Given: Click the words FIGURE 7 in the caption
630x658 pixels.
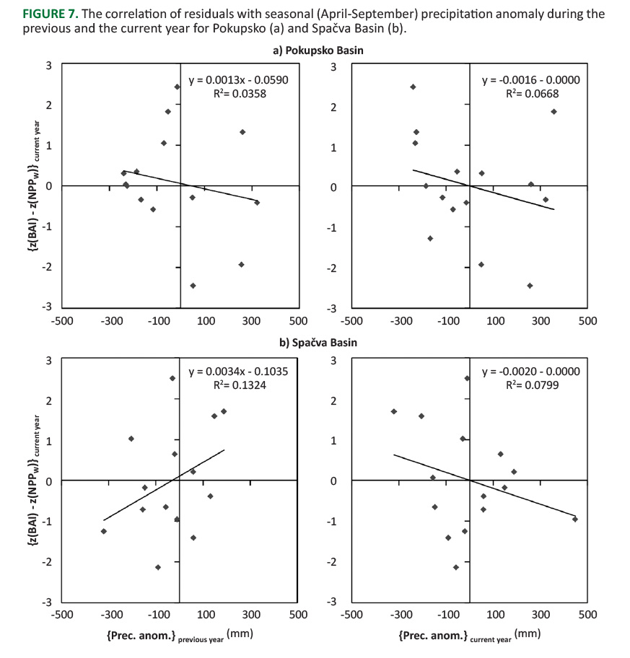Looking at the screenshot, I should [36, 14].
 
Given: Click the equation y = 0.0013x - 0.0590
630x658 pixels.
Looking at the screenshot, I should [238, 79].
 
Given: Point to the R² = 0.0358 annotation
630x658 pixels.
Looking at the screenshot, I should [238, 93].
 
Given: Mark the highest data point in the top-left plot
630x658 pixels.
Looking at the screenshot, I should [177, 87].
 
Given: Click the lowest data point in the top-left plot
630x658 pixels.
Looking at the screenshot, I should [193, 286].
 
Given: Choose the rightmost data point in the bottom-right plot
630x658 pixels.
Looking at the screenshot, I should [575, 519].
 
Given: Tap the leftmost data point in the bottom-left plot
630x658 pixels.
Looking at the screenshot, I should [104, 531].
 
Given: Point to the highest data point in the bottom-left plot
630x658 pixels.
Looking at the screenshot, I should [172, 378].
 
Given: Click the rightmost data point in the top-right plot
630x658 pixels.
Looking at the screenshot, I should [554, 111].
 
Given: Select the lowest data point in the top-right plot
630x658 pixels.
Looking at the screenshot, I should [530, 286].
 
